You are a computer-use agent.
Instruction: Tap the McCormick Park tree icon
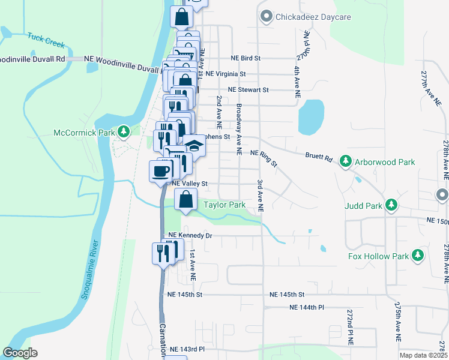(124, 131)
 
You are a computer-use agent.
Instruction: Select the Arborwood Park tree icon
(346, 161)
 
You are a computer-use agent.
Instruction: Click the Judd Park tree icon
(391, 205)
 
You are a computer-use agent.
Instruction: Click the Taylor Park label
(224, 205)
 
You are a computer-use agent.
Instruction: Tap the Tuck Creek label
(46, 40)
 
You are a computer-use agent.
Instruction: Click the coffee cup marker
(161, 171)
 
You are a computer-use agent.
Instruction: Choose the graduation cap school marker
(194, 146)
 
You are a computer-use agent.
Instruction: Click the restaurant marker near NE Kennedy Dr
(163, 253)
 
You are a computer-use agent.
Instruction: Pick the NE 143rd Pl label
(187, 349)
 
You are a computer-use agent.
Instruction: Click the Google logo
(20, 353)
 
